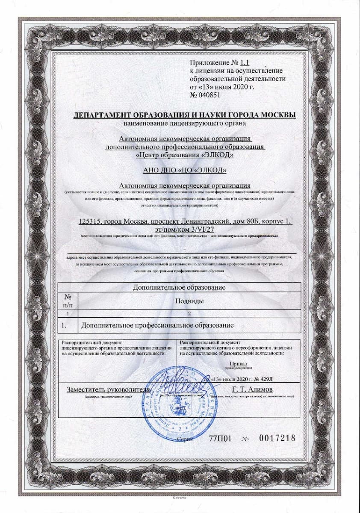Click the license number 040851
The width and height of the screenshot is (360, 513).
click(208, 95)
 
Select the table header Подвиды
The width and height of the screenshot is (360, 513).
click(189, 301)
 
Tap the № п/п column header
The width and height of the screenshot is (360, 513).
click(68, 301)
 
